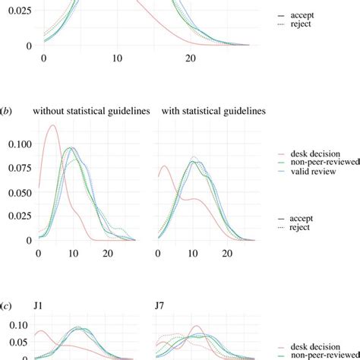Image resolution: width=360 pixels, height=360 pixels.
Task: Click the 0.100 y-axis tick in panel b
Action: (x=17, y=143)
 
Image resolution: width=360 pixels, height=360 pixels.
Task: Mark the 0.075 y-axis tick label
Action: (x=17, y=167)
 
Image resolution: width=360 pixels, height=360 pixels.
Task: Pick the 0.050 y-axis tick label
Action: (x=17, y=191)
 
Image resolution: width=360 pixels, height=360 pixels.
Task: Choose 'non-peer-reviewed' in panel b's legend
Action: (x=312, y=163)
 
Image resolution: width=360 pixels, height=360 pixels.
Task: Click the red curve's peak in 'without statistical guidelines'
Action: (x=52, y=126)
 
